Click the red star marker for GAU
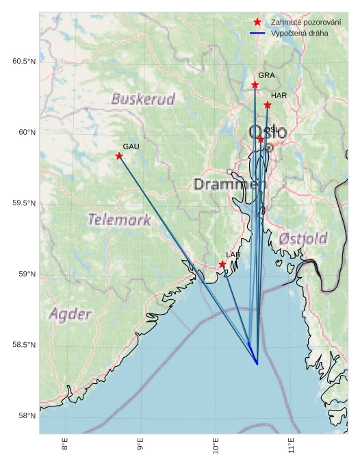(119, 156)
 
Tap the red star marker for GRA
(255, 85)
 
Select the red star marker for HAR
(267, 105)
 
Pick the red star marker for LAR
(222, 264)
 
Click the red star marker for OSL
(260, 139)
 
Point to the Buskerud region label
(143, 99)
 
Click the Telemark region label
(119, 220)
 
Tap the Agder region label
(70, 314)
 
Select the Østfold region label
(303, 238)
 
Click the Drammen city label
(229, 184)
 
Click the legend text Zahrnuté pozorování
(305, 23)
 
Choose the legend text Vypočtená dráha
(299, 33)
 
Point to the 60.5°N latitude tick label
(23, 62)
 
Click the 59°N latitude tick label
(25, 274)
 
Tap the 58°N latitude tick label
(25, 416)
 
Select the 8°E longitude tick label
(65, 445)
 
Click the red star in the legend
(257, 23)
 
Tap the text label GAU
(131, 146)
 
